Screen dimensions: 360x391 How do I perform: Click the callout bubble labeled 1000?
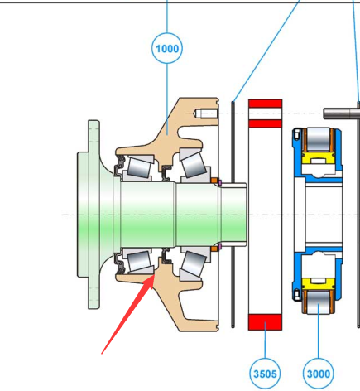coord(167,48)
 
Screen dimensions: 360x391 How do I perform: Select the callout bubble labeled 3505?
coord(265,374)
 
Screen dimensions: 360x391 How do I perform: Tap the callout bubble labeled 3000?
coord(319,374)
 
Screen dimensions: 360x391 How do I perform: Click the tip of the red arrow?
coord(154,274)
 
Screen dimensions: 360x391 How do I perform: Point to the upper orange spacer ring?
coord(214,181)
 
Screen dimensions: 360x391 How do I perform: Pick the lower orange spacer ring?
coord(214,249)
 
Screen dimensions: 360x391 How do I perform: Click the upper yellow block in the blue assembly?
coord(319,159)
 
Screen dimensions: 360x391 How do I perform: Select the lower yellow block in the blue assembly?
coord(319,284)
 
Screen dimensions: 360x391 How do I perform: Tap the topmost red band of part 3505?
coord(265,104)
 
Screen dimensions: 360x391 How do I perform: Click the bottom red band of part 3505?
coord(265,322)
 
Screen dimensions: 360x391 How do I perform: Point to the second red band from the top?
coord(265,123)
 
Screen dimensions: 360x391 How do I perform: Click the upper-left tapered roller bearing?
coord(139,167)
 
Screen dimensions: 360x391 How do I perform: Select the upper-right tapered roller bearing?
coord(194,164)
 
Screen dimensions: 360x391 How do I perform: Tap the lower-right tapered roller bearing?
coord(194,264)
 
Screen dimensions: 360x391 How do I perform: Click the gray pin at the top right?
coord(342,113)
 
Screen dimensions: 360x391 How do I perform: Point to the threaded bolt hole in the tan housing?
coord(206,113)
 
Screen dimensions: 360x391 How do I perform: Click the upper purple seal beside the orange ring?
coord(220,182)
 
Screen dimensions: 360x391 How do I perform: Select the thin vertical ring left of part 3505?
coord(233,215)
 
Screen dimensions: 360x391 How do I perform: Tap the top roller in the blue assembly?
coord(319,140)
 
